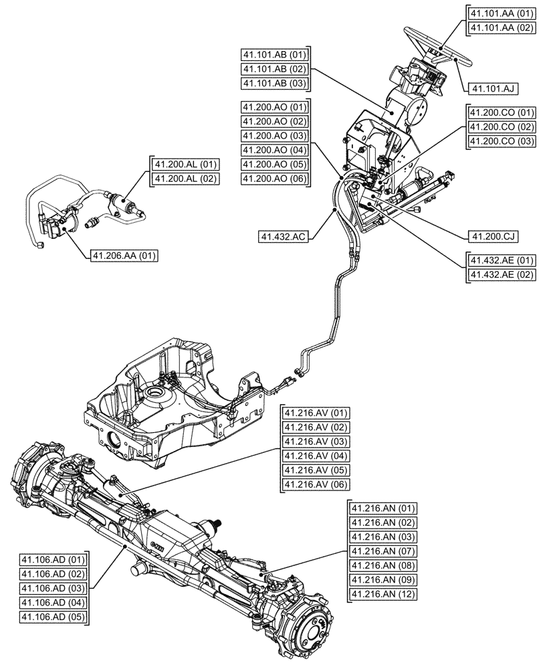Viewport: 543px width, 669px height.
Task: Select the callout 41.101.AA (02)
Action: pyautogui.click(x=501, y=27)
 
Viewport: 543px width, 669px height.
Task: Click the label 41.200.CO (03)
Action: pyautogui.click(x=502, y=141)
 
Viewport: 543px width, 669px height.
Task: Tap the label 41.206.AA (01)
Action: pyautogui.click(x=124, y=255)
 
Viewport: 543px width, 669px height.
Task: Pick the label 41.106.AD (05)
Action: pyautogui.click(x=54, y=617)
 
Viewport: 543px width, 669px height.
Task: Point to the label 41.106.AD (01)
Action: pyautogui.click(x=54, y=559)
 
